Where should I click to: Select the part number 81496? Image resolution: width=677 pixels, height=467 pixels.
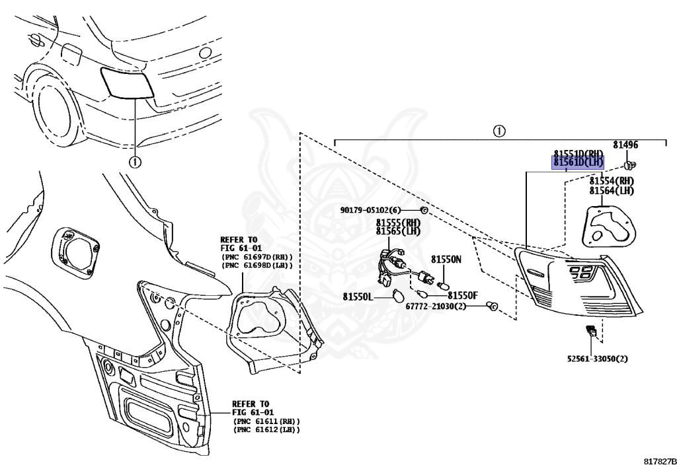point(625,145)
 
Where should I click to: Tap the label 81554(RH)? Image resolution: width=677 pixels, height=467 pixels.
point(612,181)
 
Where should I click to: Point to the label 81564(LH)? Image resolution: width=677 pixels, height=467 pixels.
point(612,191)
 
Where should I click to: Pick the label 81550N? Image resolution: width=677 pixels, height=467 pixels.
point(446,260)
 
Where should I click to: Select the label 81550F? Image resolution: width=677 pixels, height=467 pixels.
point(463,296)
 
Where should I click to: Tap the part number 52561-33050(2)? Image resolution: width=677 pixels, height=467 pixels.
point(597,359)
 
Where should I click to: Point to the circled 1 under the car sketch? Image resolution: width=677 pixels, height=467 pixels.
point(135,161)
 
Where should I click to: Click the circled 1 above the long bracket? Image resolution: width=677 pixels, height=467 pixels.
point(499,131)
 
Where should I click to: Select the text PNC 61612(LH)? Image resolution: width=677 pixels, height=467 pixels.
point(266,430)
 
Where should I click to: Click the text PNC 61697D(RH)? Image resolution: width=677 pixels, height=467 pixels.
point(257,256)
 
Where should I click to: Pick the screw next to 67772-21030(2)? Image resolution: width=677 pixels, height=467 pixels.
point(491,306)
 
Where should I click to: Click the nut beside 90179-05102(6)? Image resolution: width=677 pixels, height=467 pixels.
point(424,210)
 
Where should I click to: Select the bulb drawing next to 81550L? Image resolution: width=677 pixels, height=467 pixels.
point(399,297)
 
